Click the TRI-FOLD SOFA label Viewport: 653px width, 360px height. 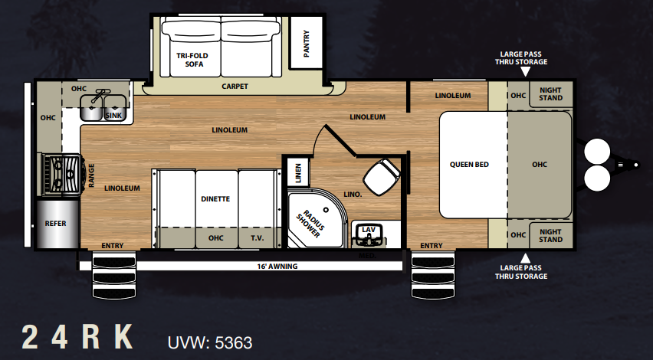tap(192, 60)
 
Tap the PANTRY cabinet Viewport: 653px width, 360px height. tap(307, 43)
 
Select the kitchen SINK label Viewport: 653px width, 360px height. tap(113, 116)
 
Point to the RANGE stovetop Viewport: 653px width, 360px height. tap(62, 174)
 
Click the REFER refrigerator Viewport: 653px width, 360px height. tap(57, 224)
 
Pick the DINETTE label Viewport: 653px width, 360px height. tap(215, 199)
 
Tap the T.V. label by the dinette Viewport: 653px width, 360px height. tap(257, 238)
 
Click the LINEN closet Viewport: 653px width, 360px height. tap(298, 172)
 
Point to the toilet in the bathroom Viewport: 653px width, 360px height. tap(382, 176)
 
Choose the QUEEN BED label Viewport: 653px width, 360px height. tap(469, 165)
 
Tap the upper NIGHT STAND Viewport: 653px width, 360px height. tap(550, 94)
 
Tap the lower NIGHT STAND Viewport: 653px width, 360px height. tap(550, 236)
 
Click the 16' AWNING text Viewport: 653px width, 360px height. tap(277, 267)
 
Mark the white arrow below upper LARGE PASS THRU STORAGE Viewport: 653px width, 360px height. tap(526, 71)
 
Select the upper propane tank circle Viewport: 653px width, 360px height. tap(597, 152)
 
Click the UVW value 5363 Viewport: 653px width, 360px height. tap(233, 343)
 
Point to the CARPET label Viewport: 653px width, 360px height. tap(235, 87)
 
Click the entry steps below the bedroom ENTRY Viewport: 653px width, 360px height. tap(433, 276)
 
